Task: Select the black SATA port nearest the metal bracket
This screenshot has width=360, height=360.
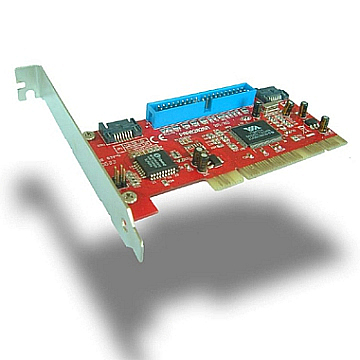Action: pos(112,131)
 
